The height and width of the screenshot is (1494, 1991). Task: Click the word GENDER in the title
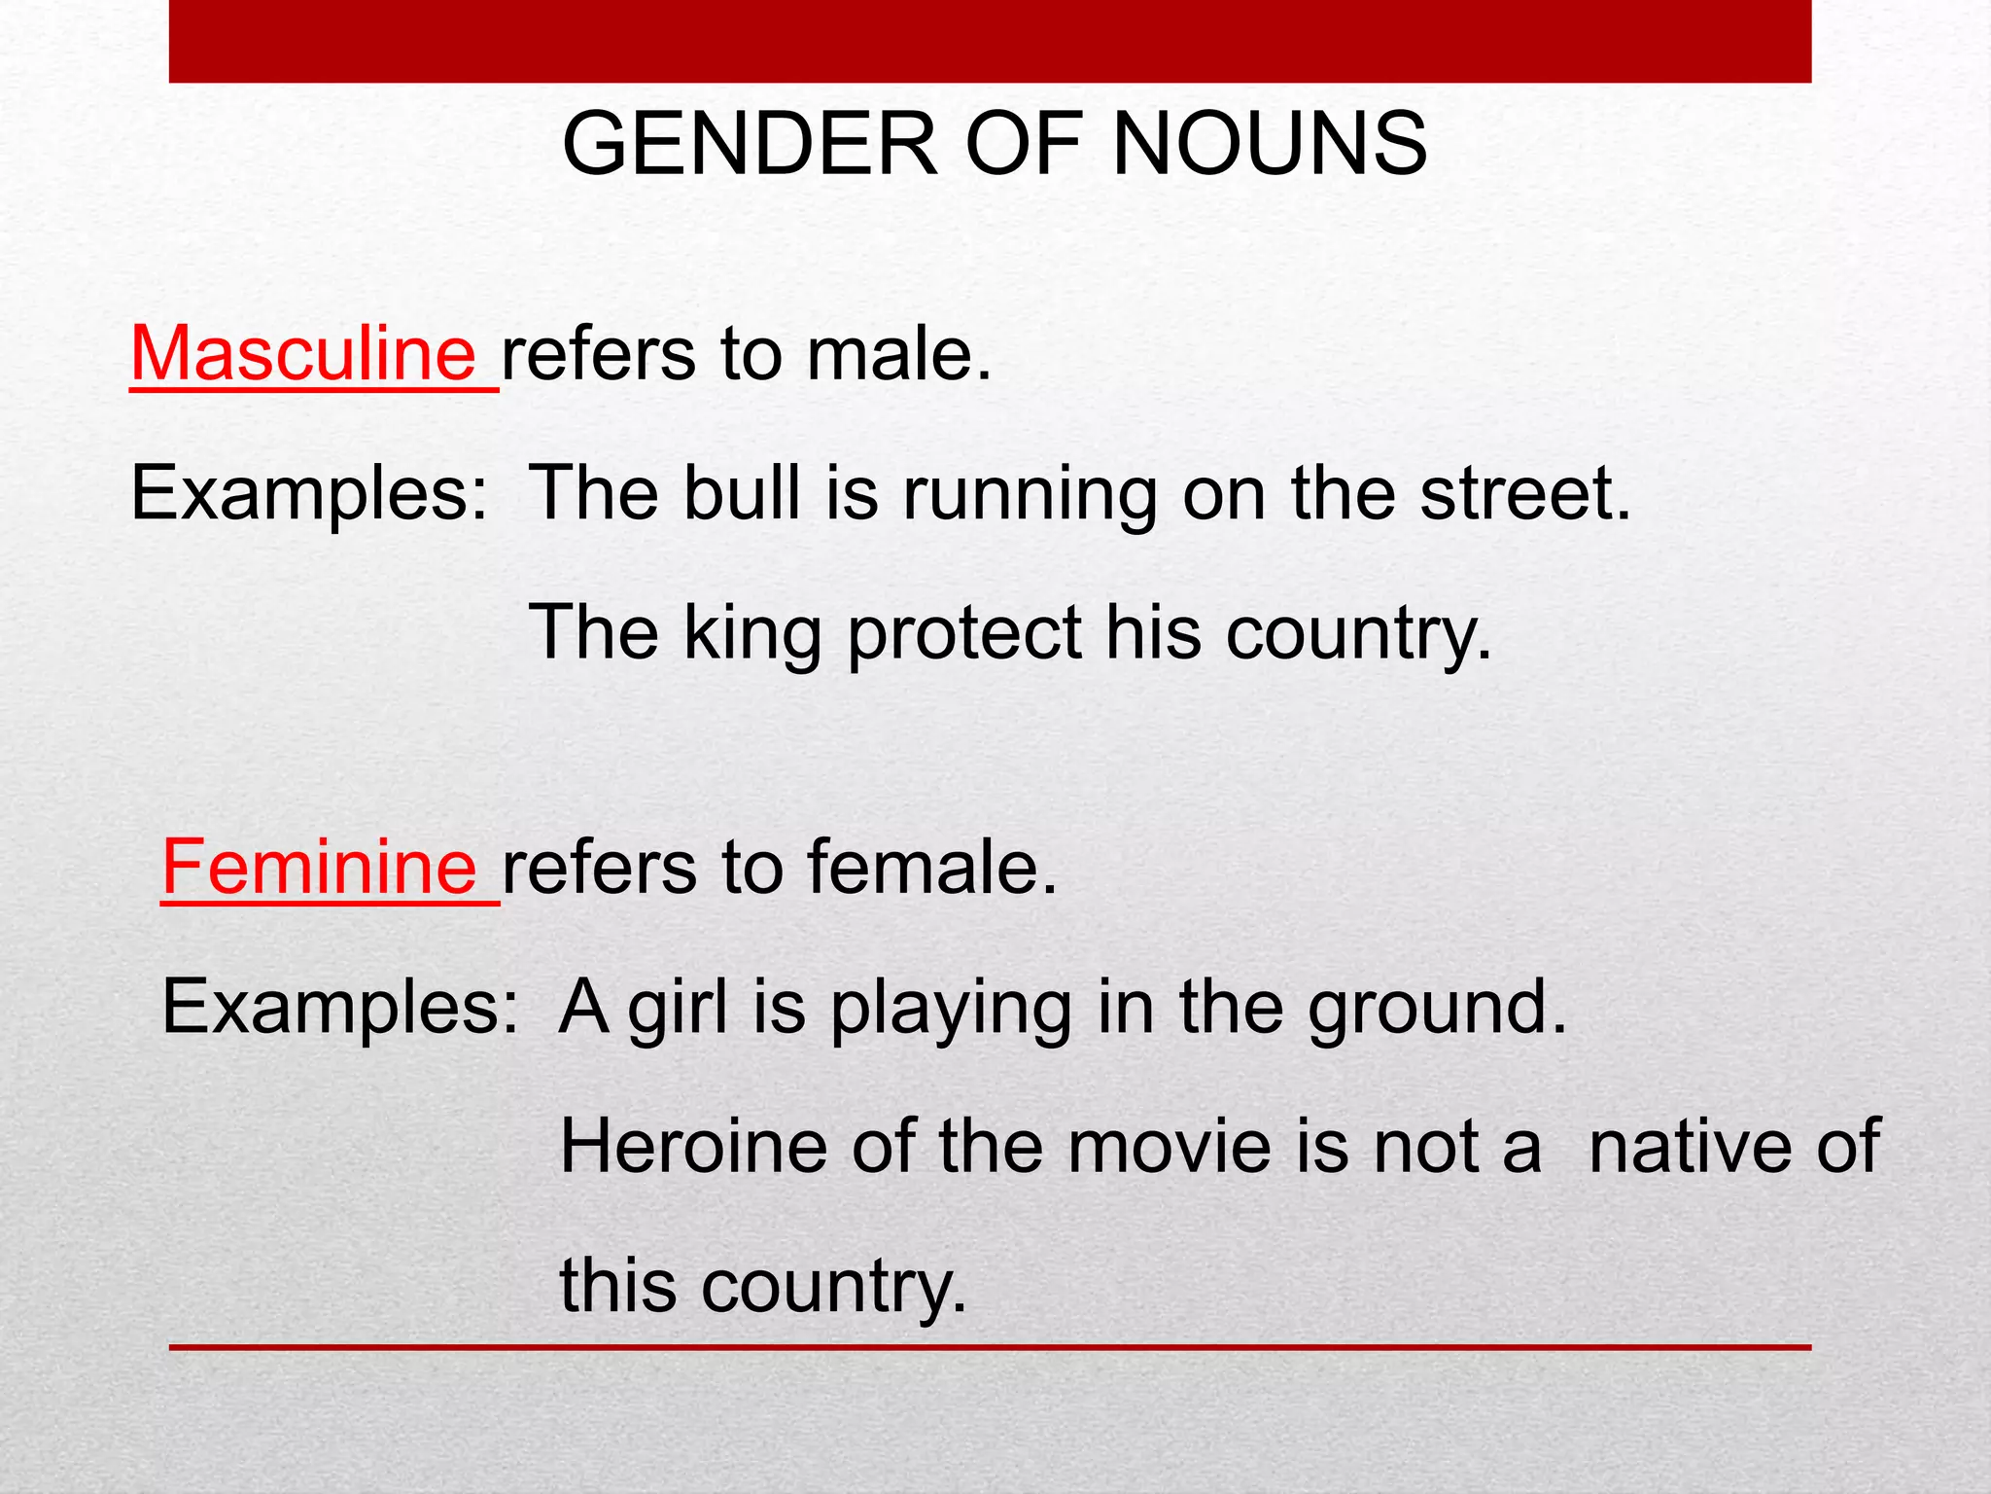click(x=750, y=145)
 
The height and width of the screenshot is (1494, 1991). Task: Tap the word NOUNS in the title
click(x=1269, y=145)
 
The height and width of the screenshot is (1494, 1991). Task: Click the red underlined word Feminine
click(x=319, y=867)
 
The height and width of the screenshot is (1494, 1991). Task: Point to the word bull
click(x=743, y=493)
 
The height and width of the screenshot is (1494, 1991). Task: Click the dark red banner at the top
click(x=990, y=41)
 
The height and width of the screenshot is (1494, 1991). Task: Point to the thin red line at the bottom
click(x=990, y=1347)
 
